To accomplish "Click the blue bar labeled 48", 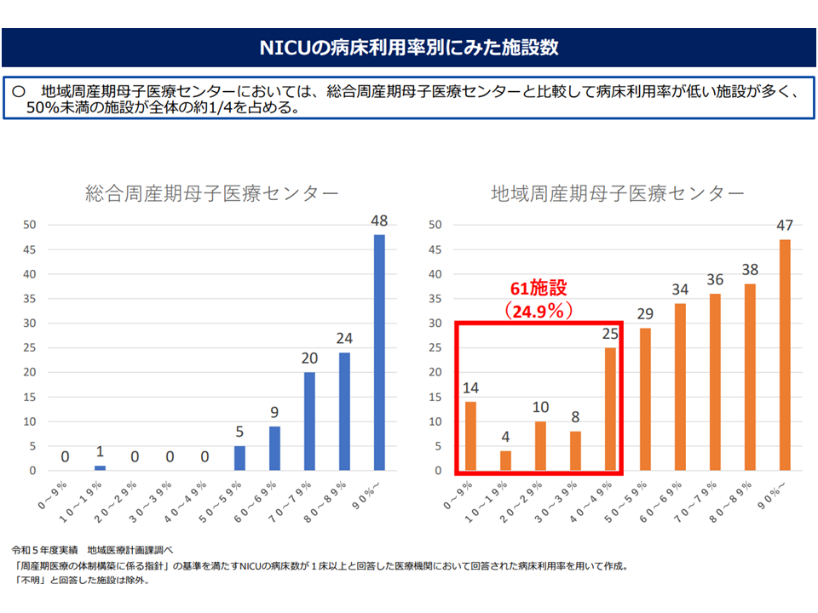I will [x=379, y=352].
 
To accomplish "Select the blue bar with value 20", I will [x=309, y=421].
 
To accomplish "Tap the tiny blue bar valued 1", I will [x=100, y=468].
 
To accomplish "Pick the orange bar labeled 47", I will [x=785, y=355].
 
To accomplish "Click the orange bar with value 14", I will [x=470, y=436].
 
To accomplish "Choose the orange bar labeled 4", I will [x=505, y=461].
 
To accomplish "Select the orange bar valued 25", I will [x=610, y=409].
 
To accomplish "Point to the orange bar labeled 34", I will [x=680, y=387].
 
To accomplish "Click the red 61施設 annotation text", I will [x=538, y=288].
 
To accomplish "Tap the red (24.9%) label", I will [x=538, y=311].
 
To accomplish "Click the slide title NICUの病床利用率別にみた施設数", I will [x=409, y=47].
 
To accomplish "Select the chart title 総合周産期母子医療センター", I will [x=212, y=194].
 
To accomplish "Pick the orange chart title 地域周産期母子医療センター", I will [x=618, y=194].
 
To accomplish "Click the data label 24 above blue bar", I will [x=344, y=338].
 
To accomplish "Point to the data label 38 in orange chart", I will [x=750, y=269].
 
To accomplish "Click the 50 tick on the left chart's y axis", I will [x=30, y=225].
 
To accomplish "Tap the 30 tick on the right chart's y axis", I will [x=435, y=324].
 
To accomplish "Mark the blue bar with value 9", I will [x=274, y=448].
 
